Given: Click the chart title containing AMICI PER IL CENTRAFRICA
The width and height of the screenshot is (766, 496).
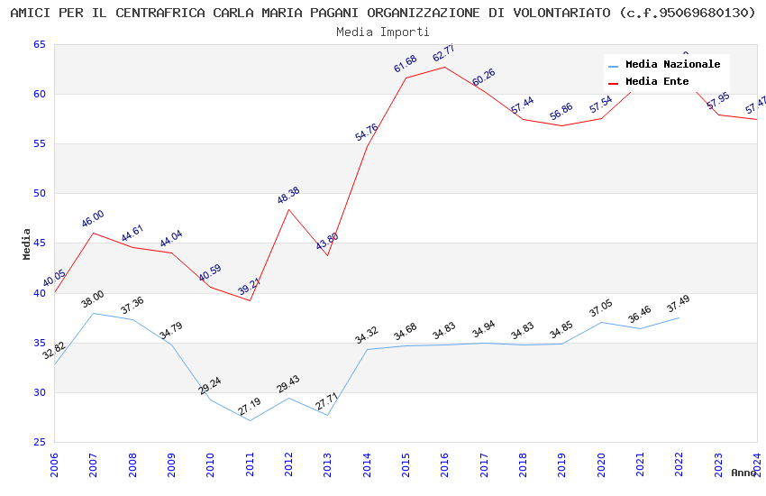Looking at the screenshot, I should point(383,13).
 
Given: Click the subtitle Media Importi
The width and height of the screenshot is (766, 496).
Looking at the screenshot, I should point(383,32).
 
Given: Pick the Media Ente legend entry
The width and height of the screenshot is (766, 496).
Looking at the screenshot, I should point(656,82).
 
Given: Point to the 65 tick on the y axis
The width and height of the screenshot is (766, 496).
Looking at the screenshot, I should point(39,45).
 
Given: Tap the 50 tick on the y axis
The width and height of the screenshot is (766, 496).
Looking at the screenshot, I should point(39,194).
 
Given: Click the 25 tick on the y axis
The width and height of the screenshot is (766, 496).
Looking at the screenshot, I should point(39,442).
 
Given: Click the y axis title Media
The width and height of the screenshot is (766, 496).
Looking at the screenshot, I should point(27,243).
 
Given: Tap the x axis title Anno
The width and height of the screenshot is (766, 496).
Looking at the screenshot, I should point(743,473).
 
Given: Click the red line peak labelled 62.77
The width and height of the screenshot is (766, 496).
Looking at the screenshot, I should point(444,67).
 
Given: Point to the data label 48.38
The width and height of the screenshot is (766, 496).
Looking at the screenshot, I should point(288,195).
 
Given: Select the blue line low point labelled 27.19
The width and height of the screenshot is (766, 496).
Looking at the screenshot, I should point(250,420).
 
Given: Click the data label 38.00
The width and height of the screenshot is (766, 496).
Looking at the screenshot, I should point(93,299).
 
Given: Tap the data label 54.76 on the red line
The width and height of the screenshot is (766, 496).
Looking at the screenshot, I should point(366,132).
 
